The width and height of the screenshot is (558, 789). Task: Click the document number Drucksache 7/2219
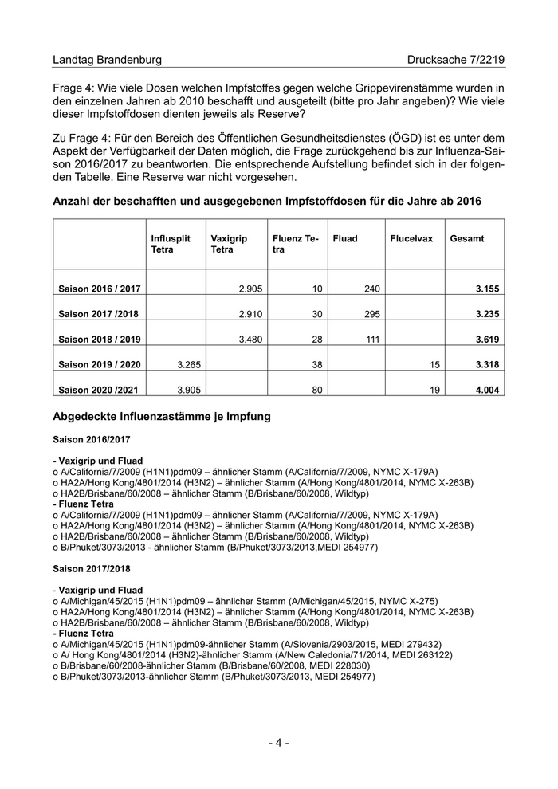455,60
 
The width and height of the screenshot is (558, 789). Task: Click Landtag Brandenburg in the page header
107,60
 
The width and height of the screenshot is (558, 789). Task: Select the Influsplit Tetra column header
171,244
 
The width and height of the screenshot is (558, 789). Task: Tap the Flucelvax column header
411,238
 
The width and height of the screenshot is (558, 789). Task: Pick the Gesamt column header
467,238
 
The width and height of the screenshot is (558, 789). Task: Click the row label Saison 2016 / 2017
100,288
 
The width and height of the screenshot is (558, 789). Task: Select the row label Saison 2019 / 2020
100,365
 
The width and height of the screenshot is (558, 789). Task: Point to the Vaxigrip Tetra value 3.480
251,340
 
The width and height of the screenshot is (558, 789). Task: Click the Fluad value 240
371,288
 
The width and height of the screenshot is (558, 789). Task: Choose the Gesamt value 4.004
486,391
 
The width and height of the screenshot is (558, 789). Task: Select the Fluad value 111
371,340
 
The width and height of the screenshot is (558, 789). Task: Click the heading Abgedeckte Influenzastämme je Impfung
161,416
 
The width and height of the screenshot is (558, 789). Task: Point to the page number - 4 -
278,743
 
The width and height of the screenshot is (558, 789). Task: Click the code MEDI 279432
423,643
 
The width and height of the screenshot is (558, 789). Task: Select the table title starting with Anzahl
266,202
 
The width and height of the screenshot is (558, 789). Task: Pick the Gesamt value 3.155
486,288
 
